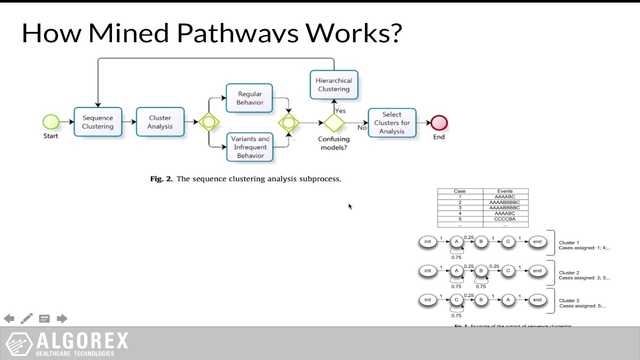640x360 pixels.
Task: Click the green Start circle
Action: pyautogui.click(x=51, y=121)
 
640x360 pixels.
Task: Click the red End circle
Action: pyautogui.click(x=439, y=122)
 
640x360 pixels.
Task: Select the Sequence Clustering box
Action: pyautogui.click(x=98, y=122)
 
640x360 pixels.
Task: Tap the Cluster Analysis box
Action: pyautogui.click(x=160, y=122)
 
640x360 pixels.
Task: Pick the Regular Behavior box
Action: pyautogui.click(x=249, y=98)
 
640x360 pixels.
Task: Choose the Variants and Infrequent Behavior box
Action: pyautogui.click(x=250, y=147)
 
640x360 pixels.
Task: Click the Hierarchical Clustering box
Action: pyautogui.click(x=333, y=84)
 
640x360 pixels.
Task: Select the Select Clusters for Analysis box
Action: pyautogui.click(x=392, y=122)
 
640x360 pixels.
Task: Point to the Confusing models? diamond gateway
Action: pyautogui.click(x=333, y=122)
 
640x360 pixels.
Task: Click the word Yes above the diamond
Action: pyautogui.click(x=340, y=110)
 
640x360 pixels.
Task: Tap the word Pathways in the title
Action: pyautogui.click(x=237, y=33)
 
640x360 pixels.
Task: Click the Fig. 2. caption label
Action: pyautogui.click(x=161, y=178)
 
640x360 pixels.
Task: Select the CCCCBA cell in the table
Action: pyautogui.click(x=505, y=219)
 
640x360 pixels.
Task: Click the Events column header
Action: pyautogui.click(x=505, y=191)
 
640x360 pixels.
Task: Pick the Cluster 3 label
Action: pyautogui.click(x=569, y=300)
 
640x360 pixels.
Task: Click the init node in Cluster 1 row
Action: pyautogui.click(x=427, y=241)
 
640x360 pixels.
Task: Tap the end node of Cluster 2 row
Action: pyautogui.click(x=537, y=270)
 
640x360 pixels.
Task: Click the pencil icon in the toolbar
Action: pyautogui.click(x=27, y=318)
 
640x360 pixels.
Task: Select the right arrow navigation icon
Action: pyautogui.click(x=62, y=318)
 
